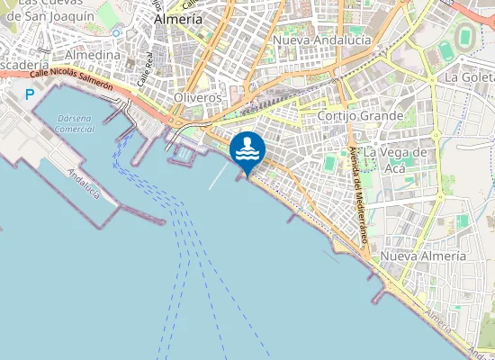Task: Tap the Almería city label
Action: (178, 18)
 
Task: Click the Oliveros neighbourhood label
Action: (198, 96)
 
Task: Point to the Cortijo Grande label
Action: (360, 116)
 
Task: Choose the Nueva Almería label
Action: (423, 256)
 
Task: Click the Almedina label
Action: (94, 55)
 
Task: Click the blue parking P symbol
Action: (30, 94)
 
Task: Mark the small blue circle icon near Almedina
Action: (116, 32)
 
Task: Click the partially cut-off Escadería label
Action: (18, 67)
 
